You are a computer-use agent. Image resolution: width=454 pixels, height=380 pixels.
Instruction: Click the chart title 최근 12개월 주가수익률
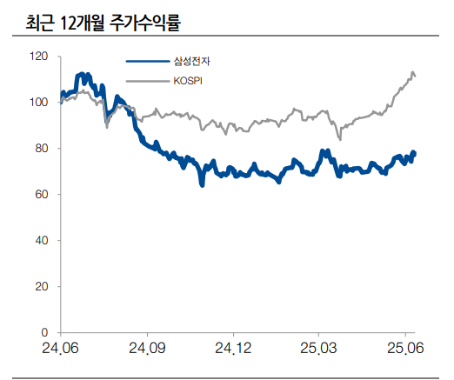[109, 20]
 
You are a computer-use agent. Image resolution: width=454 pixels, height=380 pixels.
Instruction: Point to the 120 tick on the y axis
[38, 56]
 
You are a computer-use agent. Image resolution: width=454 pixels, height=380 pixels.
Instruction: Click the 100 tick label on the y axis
[38, 102]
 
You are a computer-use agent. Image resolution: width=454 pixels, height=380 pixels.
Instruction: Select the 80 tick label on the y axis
[41, 148]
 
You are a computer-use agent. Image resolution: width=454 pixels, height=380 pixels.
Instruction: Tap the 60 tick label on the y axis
[41, 194]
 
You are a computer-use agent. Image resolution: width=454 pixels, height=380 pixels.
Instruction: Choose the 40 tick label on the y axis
[41, 240]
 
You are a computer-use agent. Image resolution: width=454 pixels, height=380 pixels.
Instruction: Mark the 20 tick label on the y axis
[41, 286]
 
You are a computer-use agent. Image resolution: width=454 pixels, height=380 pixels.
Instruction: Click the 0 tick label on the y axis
[44, 332]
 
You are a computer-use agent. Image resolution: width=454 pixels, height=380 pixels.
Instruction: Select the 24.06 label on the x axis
[61, 349]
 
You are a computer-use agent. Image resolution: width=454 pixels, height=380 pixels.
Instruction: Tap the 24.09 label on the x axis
[147, 349]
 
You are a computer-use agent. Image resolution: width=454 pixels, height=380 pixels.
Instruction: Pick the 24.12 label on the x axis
[233, 349]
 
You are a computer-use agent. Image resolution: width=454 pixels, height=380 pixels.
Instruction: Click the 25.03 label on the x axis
[319, 349]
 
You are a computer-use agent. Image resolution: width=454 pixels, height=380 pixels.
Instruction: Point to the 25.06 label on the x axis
[405, 349]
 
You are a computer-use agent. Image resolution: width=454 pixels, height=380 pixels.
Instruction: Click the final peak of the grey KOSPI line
[412, 72]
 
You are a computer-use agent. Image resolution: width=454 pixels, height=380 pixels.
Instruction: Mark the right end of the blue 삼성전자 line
[415, 153]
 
